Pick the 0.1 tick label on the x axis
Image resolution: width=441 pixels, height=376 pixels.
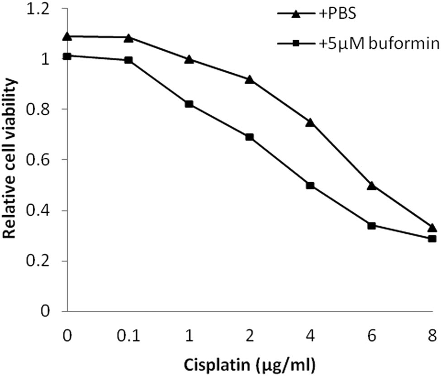128,336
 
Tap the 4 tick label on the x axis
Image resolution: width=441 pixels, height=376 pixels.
310,336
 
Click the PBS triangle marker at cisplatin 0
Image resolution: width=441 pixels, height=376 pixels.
67,36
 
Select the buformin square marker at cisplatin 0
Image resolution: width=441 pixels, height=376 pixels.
67,56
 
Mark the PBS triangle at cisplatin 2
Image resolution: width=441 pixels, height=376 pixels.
250,80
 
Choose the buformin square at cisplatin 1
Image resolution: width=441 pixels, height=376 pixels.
189,104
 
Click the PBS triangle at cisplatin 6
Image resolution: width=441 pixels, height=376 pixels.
371,185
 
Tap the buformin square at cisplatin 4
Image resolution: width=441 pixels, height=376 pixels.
310,185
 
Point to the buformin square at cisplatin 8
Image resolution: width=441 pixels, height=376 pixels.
432,239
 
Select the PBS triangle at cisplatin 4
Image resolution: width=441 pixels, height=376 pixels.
310,122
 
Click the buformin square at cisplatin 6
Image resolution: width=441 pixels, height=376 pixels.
371,226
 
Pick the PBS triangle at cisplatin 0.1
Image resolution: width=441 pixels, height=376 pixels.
128,38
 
